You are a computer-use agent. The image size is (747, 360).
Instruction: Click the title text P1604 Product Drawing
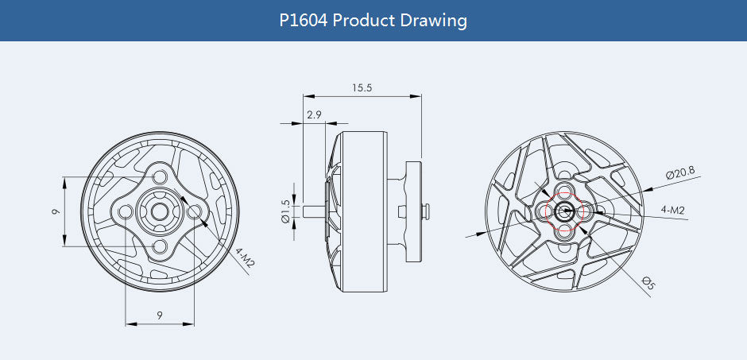(x=373, y=20)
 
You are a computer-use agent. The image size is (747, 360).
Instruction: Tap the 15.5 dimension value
(x=362, y=87)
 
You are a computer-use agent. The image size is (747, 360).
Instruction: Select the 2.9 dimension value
(x=314, y=115)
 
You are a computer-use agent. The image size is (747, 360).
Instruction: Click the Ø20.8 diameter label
(x=679, y=172)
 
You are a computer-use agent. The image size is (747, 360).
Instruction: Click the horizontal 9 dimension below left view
(x=160, y=315)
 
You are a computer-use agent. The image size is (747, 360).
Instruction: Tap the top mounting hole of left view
(x=160, y=176)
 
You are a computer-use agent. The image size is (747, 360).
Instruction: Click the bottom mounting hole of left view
(x=160, y=247)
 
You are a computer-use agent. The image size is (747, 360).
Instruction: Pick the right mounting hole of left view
(x=195, y=211)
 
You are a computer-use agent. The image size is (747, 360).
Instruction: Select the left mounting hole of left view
(x=125, y=211)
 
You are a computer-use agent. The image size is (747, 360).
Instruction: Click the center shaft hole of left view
(x=160, y=211)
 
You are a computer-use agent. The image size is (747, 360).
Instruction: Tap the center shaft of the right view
(x=565, y=211)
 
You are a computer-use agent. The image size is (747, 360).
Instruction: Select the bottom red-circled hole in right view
(x=565, y=230)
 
